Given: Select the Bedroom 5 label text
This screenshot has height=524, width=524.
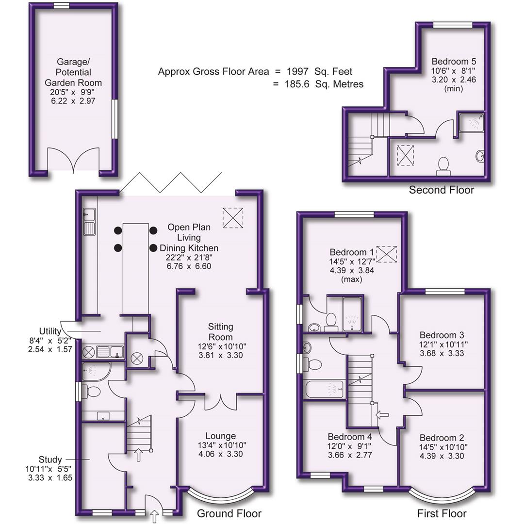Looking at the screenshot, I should pyautogui.click(x=454, y=62).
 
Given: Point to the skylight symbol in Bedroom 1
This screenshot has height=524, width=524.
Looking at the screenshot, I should pyautogui.click(x=387, y=253).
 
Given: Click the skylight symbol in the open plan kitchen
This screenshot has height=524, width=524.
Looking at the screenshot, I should pyautogui.click(x=233, y=217).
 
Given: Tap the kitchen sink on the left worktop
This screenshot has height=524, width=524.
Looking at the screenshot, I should pyautogui.click(x=89, y=227).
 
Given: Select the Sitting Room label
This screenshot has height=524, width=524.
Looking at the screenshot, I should pyautogui.click(x=221, y=331).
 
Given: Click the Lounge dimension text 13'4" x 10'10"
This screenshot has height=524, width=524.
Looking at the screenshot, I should pyautogui.click(x=220, y=445).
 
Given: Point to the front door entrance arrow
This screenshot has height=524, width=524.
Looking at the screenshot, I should pyautogui.click(x=155, y=516).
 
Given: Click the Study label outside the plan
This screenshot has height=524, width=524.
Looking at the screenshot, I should pyautogui.click(x=50, y=459).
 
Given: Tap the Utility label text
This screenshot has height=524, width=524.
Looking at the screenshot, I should pyautogui.click(x=50, y=331).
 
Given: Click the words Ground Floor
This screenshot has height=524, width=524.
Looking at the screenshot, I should pyautogui.click(x=229, y=513).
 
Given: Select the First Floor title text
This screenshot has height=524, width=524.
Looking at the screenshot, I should pyautogui.click(x=442, y=513).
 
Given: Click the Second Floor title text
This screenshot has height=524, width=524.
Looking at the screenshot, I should pyautogui.click(x=441, y=190).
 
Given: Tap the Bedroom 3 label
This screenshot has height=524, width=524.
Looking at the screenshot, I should pyautogui.click(x=442, y=335).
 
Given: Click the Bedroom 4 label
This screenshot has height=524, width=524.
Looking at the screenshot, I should pyautogui.click(x=349, y=436).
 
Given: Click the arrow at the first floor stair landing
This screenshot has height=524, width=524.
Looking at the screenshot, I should pyautogui.click(x=382, y=415).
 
